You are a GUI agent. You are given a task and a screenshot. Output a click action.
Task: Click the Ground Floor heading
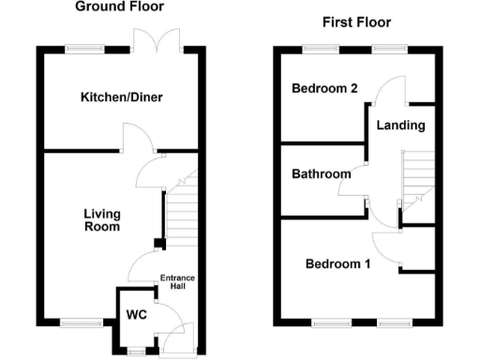pos(118,7)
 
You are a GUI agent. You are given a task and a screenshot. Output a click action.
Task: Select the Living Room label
pos(101,219)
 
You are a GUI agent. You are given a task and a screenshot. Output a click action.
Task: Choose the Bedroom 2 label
pos(324,89)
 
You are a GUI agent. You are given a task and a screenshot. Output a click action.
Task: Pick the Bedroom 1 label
pos(337,263)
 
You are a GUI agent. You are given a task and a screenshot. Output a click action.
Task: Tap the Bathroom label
pos(321,173)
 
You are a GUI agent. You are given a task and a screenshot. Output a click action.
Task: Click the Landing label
pos(400,125)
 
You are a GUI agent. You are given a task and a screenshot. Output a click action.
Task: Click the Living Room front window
pos(80,322)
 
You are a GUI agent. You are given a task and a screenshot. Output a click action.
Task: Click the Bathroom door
pos(352,187)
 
